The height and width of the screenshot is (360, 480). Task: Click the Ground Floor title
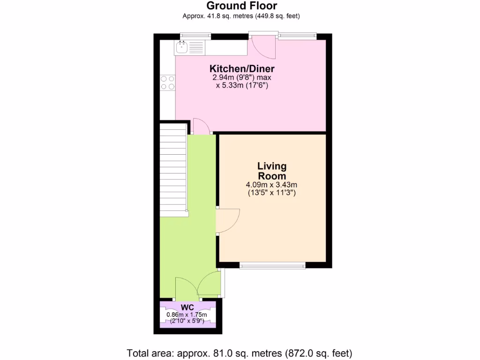(241, 6)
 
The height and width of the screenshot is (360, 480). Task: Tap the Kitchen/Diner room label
(241, 69)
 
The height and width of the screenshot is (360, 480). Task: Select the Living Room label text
(272, 171)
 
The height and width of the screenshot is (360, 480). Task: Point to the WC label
(187, 307)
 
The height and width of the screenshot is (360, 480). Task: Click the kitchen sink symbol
(181, 46)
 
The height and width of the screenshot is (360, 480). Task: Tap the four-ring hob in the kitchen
(168, 83)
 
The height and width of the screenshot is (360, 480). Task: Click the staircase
(173, 169)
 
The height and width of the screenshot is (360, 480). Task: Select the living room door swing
(227, 221)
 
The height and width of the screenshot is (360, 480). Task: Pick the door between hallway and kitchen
(201, 127)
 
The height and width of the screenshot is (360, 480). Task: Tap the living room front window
(272, 266)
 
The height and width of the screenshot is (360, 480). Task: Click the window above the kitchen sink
(195, 36)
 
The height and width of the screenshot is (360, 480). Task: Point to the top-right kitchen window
(297, 36)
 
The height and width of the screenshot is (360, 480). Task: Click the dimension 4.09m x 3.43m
(271, 185)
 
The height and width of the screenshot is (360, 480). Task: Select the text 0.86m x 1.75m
(187, 315)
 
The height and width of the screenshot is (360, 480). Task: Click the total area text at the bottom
(240, 352)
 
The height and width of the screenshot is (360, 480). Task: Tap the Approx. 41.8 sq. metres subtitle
(241, 16)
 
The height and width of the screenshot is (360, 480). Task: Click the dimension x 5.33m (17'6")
(241, 86)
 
